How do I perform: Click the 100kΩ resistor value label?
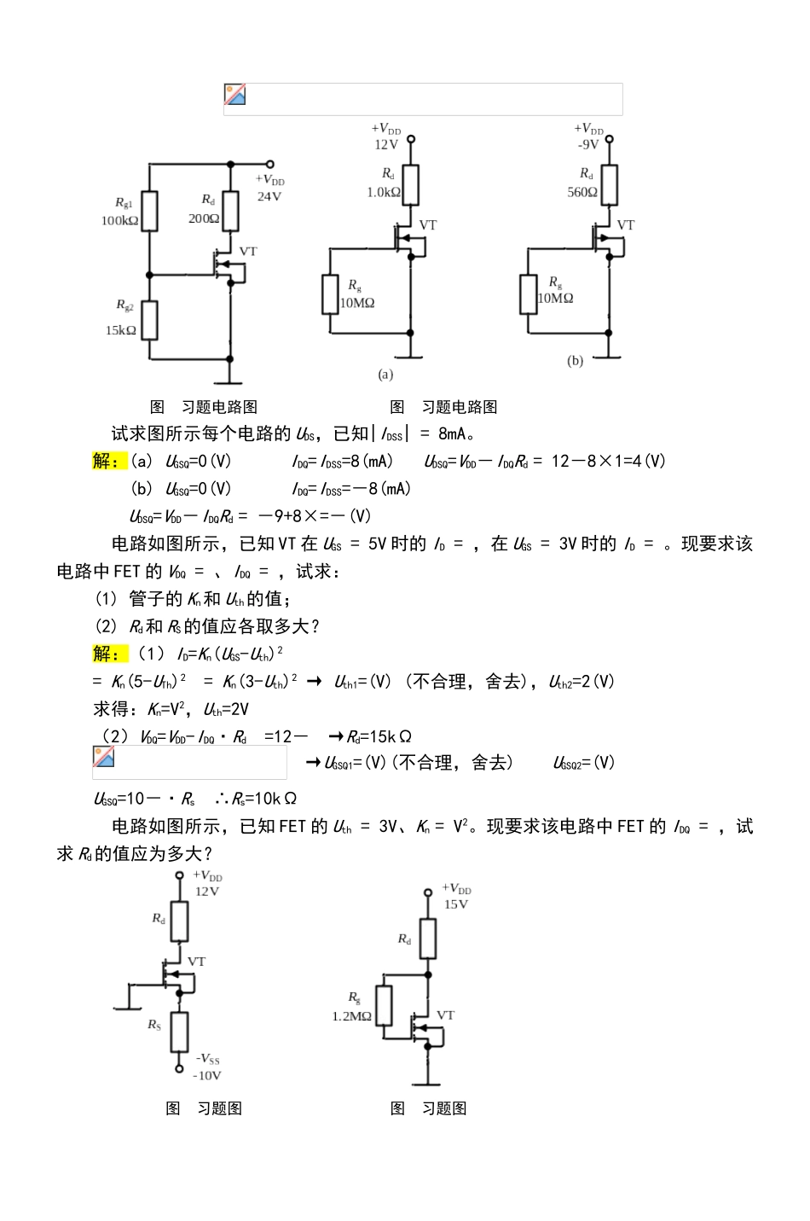coord(119,220)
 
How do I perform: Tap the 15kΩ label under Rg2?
coord(121,330)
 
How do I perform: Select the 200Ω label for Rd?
coord(204,218)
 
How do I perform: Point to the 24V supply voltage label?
coord(269,196)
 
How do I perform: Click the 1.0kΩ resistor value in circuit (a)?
coord(384,192)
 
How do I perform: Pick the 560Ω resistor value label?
coord(582,192)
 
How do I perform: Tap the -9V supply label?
coord(588,145)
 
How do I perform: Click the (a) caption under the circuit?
coord(385,374)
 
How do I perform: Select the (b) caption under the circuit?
coord(576,361)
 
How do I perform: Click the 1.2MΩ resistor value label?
coord(351,1016)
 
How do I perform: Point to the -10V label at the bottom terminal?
coord(207,1076)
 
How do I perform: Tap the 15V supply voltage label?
coord(456,904)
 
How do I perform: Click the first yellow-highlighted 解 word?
coord(107,462)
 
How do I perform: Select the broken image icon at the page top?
coord(235,95)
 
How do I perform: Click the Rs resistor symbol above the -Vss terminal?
coord(179,1031)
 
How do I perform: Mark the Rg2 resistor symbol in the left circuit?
coord(149,320)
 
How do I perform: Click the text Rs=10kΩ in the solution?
coord(264,799)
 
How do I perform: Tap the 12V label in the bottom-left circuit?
coord(207,892)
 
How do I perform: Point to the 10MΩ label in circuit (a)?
coord(358,303)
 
